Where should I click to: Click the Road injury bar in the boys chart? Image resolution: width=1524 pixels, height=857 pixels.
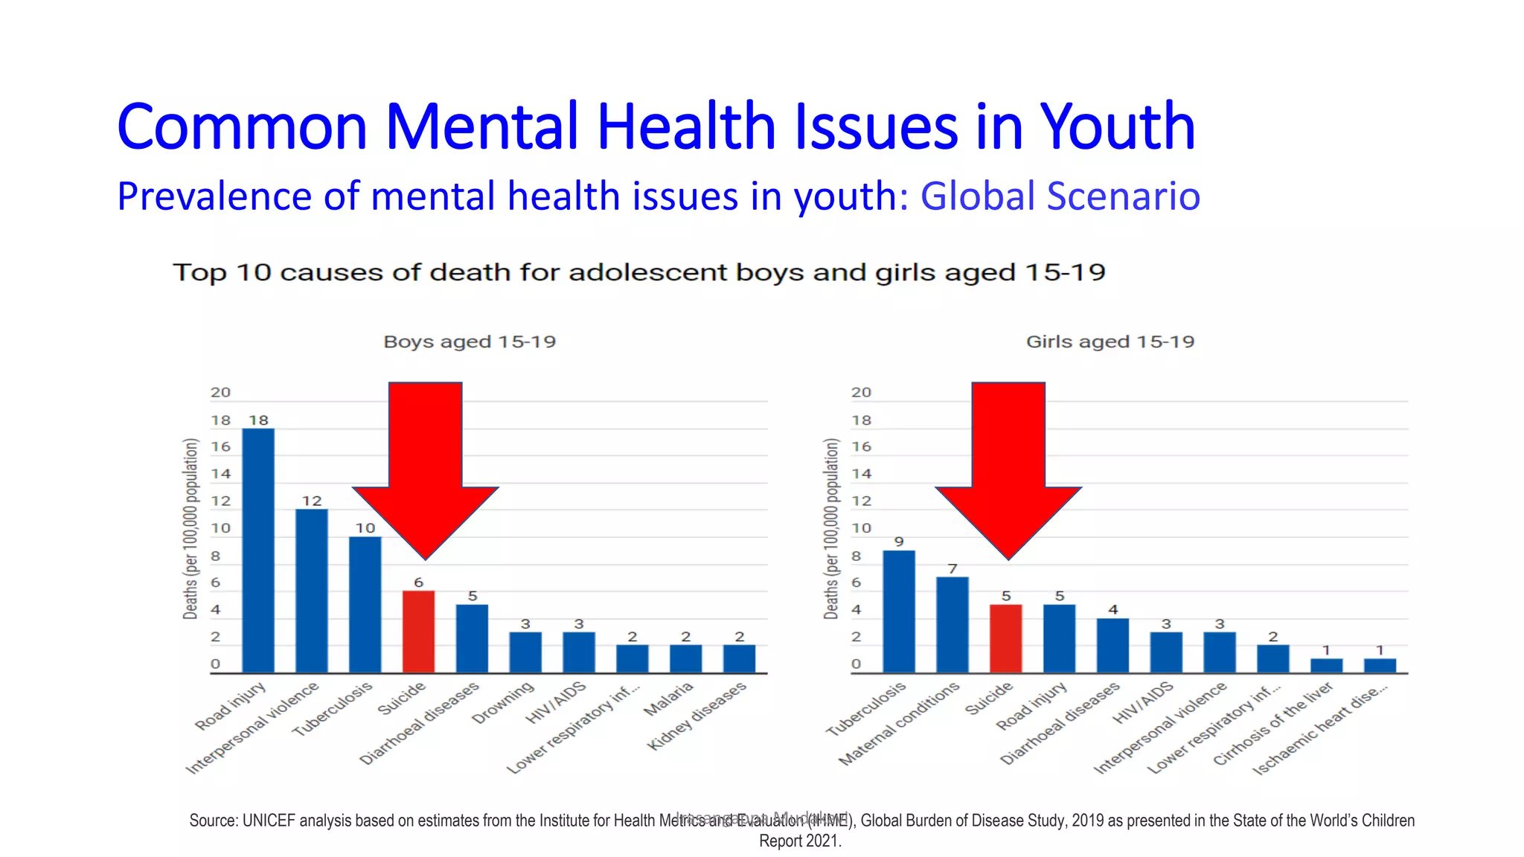coord(258,551)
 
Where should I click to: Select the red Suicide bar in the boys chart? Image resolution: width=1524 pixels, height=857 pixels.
coord(418,632)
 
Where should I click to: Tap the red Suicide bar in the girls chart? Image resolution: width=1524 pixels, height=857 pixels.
coord(1005,638)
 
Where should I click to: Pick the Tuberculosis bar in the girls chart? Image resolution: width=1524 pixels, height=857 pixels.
coord(899,612)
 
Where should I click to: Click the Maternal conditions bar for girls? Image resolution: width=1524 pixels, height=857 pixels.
coord(952,625)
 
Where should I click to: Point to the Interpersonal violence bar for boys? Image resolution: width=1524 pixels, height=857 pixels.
coord(312,591)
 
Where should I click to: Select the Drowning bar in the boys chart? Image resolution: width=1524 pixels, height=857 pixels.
coord(525,652)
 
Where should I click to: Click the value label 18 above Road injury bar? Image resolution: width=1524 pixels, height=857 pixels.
coord(258,420)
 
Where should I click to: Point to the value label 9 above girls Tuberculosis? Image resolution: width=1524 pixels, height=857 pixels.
coord(899,542)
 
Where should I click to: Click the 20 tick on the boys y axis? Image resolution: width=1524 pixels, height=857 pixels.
coord(220,392)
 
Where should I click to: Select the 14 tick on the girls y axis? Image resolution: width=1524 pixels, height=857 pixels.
coord(861,474)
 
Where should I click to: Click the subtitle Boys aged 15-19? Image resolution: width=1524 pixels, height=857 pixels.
coord(470,341)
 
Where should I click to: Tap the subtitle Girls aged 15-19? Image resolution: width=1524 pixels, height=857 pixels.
coord(1110,341)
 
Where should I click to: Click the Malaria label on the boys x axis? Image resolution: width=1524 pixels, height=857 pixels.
coord(668,700)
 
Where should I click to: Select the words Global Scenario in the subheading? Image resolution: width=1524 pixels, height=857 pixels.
coord(1060,196)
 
